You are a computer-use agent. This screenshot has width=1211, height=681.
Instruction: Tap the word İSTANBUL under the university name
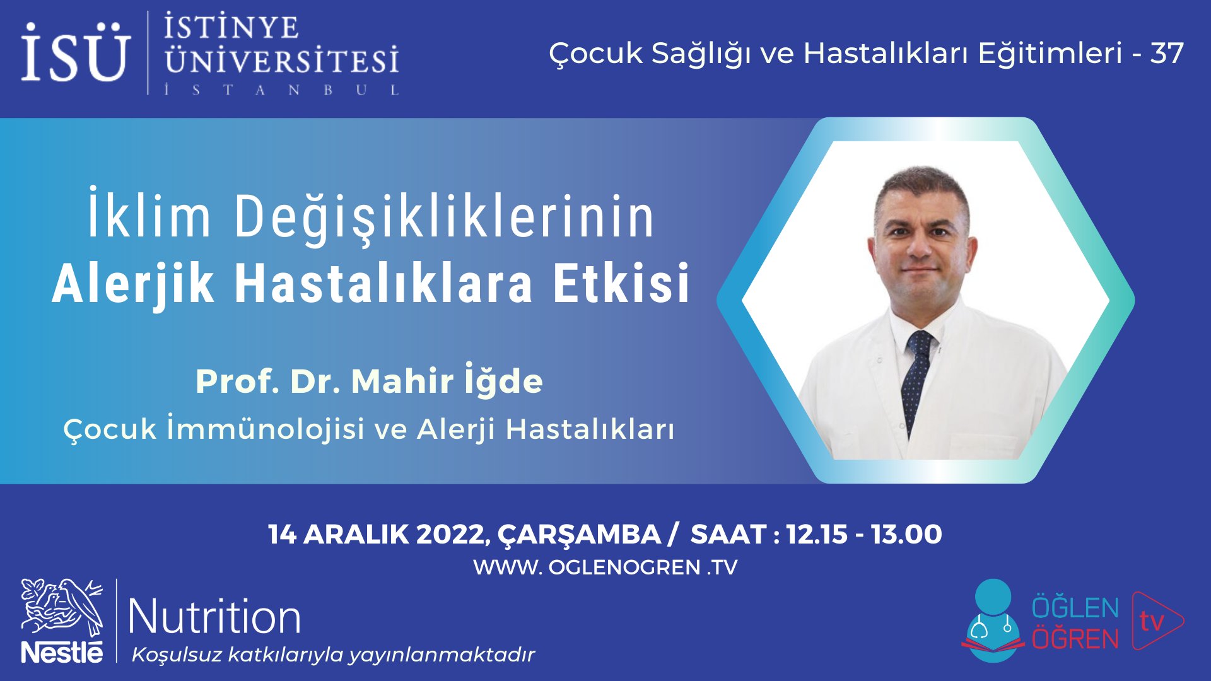(281, 90)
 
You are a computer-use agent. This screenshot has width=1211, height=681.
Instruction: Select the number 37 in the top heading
(1167, 53)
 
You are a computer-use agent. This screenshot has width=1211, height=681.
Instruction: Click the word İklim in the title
(149, 217)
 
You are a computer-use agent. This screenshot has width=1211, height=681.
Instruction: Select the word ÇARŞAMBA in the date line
(578, 535)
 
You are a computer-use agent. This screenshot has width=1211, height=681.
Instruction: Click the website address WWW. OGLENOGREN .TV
(605, 567)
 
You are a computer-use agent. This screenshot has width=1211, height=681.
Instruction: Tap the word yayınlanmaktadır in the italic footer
(442, 655)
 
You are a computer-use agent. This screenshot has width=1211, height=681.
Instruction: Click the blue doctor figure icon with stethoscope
(993, 621)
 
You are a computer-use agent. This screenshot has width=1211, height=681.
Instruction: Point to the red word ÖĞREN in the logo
(1075, 639)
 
